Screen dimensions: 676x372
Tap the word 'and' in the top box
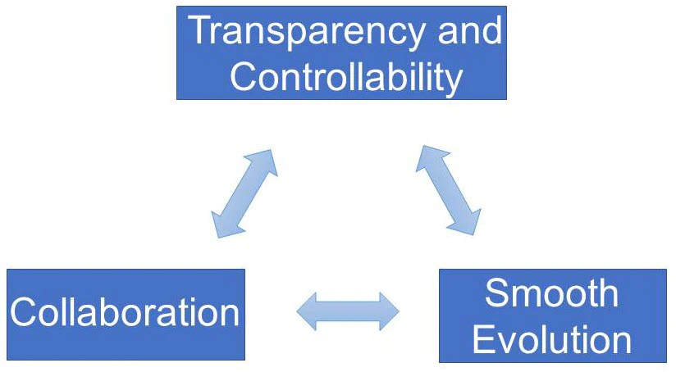point(470,29)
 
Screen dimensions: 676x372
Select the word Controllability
point(346,77)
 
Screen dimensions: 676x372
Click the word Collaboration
point(125,311)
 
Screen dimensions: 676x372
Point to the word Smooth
point(552,293)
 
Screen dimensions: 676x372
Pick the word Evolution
point(552,339)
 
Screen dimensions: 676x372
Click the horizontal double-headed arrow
point(348,311)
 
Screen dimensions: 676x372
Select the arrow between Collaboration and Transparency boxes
point(244,193)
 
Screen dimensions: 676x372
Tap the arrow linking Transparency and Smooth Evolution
point(449,190)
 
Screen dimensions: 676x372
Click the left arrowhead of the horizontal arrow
point(307,311)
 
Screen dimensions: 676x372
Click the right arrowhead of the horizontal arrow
point(389,311)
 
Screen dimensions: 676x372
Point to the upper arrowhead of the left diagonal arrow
point(264,161)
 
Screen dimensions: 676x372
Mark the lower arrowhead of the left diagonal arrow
point(224,225)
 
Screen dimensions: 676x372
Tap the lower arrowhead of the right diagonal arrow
point(468,223)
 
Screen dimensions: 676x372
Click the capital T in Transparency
point(202,29)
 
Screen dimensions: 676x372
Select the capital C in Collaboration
point(23,311)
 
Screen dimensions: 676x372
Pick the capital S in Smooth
point(496,293)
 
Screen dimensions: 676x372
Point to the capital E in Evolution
point(484,339)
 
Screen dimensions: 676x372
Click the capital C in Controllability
point(243,77)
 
